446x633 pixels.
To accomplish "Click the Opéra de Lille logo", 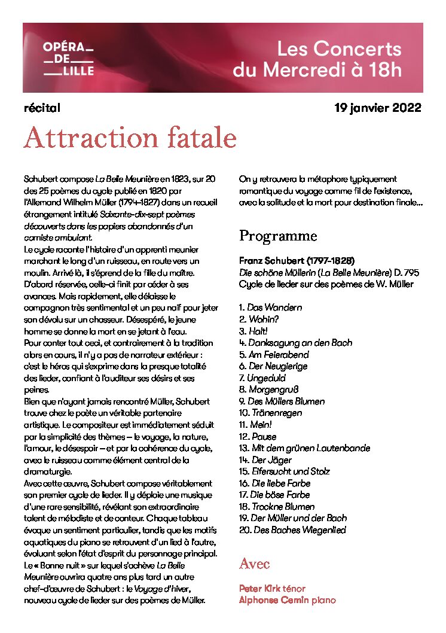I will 68,59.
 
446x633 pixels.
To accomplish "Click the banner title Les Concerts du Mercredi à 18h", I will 317,59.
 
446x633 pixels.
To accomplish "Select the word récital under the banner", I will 42,108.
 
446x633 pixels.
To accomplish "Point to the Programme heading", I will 278,236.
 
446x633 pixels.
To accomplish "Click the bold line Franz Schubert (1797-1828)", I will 297,261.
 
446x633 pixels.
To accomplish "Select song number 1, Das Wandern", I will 270,308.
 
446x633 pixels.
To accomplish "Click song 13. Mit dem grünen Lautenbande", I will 304,448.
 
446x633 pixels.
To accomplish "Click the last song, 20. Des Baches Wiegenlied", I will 292,530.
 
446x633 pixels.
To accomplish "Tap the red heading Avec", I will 254,564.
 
